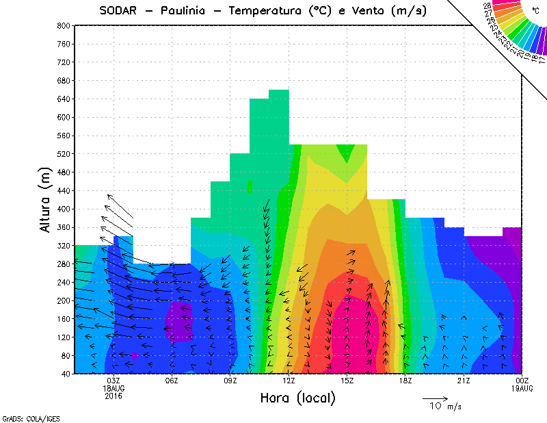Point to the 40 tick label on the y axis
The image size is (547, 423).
(64, 374)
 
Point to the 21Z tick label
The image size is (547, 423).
(464, 381)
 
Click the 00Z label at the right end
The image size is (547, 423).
(522, 381)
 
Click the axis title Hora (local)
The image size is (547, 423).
(297, 398)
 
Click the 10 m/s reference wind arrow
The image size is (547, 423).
(435, 398)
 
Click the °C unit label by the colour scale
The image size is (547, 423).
(535, 10)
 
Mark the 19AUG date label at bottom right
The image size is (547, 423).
(522, 388)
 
